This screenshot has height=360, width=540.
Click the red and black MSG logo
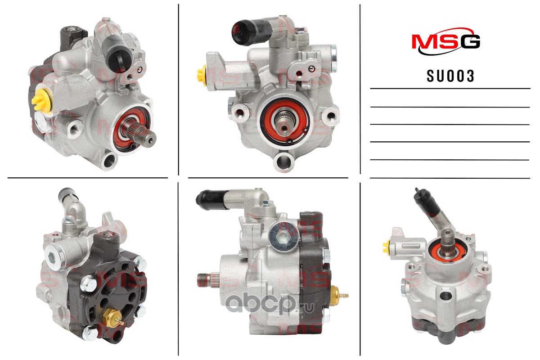[x=446, y=41]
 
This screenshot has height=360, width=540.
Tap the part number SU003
[x=450, y=76]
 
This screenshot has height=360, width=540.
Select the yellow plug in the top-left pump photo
[x=41, y=100]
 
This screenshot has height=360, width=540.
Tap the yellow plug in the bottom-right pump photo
[x=386, y=247]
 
